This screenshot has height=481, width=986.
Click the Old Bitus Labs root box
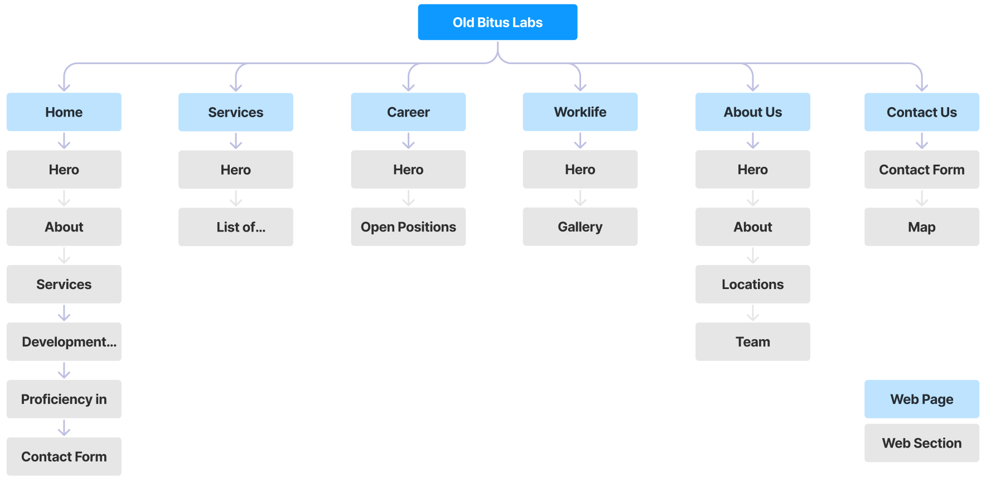(x=497, y=22)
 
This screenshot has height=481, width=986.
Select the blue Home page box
(x=64, y=112)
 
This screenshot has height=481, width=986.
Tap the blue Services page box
(x=235, y=112)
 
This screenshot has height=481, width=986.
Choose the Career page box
(x=408, y=112)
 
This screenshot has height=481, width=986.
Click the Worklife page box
(x=580, y=112)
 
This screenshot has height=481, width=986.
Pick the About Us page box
(x=752, y=112)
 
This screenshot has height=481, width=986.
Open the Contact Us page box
(x=921, y=112)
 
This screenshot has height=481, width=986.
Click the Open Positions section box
(x=408, y=227)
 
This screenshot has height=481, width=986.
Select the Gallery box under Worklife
(x=580, y=227)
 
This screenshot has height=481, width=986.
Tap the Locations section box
(x=752, y=285)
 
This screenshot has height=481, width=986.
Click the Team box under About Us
(x=752, y=342)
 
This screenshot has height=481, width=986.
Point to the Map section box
(x=921, y=227)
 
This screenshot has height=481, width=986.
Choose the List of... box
(x=235, y=227)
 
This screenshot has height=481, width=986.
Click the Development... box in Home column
(x=64, y=342)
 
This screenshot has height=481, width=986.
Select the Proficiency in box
(x=64, y=399)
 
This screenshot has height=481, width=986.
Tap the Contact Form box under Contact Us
(x=921, y=170)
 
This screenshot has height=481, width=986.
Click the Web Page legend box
(x=921, y=399)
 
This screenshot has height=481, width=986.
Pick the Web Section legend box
(x=921, y=443)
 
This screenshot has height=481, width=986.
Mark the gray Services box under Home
(x=64, y=285)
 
